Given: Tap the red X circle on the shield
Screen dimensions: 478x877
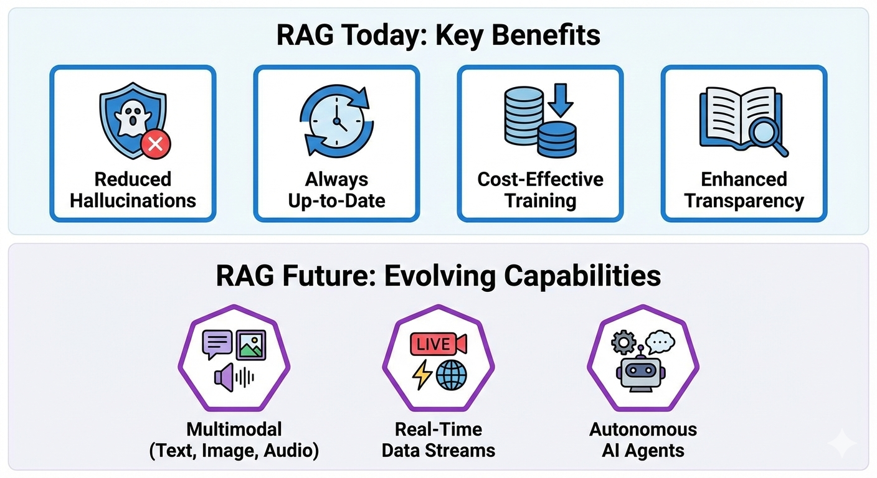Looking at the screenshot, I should coord(156,144).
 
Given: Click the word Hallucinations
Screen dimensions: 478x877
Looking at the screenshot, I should coord(133,201).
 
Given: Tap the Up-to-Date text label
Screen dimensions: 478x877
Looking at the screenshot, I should coord(336,201).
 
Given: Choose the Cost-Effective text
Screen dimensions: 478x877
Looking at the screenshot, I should coord(540,180).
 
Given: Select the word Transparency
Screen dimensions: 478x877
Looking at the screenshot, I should coord(744,201).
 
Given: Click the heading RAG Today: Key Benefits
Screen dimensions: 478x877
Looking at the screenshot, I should coord(439,35).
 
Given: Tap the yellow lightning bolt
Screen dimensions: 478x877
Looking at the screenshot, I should coord(423,375).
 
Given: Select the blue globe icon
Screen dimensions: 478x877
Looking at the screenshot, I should coord(452,375).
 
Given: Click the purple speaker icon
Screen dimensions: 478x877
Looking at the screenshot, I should coord(225,377).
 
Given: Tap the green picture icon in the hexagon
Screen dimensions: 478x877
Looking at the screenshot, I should coord(251,343).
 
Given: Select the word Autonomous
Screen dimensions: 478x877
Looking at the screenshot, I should coord(643,429).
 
